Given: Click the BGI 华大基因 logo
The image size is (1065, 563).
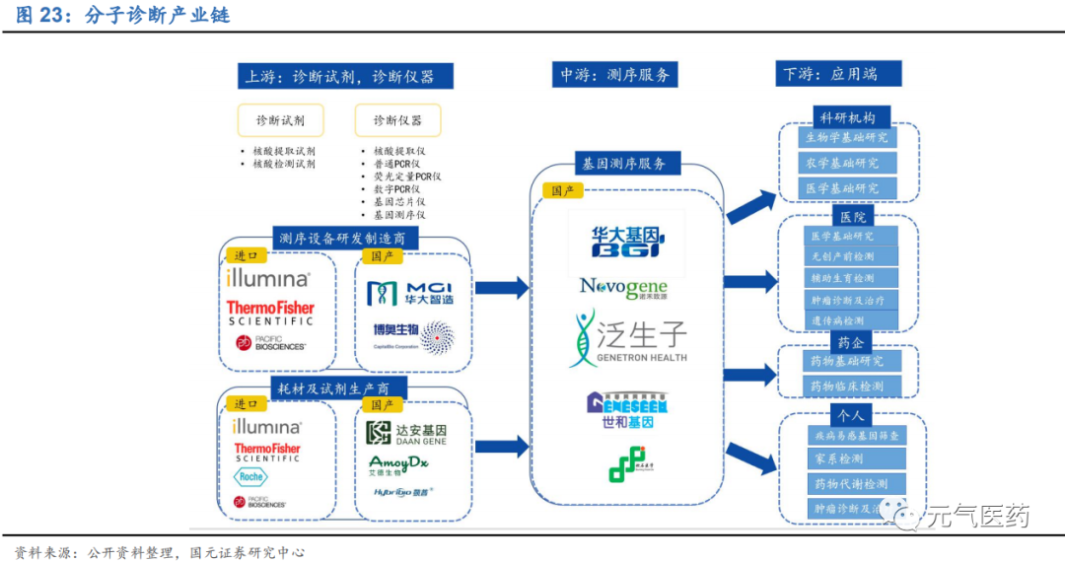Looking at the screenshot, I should tap(626, 239).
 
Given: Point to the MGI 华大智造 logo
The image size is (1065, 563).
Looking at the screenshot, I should tap(409, 293).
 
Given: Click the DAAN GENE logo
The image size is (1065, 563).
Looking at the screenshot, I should tap(406, 434).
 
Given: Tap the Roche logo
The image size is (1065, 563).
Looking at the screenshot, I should tap(250, 477).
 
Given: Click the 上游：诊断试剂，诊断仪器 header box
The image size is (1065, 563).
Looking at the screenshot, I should tap(345, 77).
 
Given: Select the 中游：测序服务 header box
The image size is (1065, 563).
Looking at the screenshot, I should tap(615, 75).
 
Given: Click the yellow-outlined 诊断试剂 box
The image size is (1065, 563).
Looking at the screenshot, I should tap(280, 120).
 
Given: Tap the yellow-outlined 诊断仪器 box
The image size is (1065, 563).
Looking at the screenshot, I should tap(397, 120).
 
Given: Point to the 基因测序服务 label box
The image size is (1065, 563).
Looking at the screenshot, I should tap(624, 164).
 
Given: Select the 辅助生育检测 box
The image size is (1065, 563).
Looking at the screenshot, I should tap(841, 279).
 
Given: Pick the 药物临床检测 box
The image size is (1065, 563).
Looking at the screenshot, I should tap(846, 387).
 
